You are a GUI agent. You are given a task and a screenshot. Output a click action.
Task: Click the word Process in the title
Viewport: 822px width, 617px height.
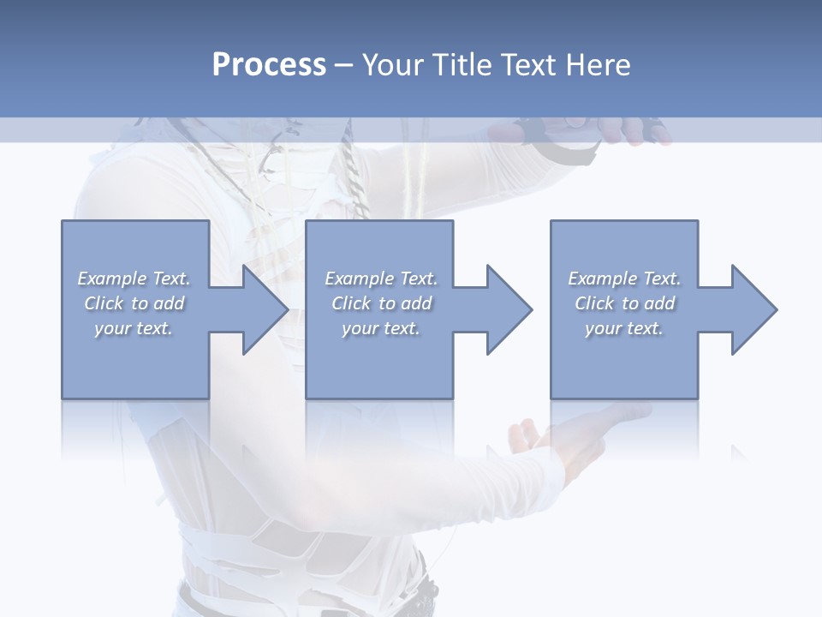click(x=269, y=65)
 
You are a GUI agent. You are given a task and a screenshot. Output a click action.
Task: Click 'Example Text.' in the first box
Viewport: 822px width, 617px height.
click(x=134, y=279)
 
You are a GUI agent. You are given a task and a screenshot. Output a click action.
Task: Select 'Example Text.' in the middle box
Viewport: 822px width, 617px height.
click(x=381, y=279)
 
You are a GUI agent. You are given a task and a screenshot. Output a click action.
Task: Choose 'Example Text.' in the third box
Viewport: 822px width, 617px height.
click(x=624, y=279)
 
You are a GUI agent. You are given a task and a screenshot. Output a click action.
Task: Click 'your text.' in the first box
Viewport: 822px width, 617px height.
click(x=134, y=328)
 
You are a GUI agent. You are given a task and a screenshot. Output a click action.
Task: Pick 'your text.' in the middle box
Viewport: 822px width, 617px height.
click(x=381, y=328)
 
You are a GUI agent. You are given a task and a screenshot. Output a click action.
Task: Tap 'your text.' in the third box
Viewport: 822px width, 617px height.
click(x=624, y=328)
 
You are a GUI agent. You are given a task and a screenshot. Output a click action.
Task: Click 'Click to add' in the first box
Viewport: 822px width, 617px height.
click(x=134, y=303)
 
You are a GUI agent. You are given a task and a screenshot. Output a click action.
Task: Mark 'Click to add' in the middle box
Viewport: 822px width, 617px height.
click(x=381, y=303)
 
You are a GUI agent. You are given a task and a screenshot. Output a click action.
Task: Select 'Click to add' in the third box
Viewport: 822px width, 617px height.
click(x=624, y=303)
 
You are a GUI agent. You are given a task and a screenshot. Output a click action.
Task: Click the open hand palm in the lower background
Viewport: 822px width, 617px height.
click(x=565, y=433)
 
